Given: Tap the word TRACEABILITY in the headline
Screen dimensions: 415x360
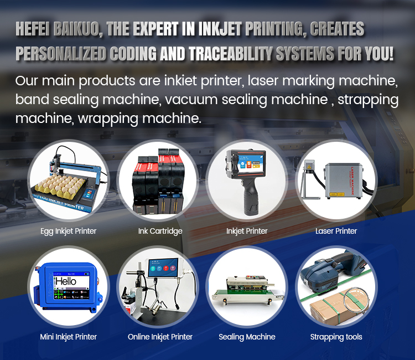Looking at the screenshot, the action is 231,54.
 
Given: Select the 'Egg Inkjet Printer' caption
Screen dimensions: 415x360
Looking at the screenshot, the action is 68,232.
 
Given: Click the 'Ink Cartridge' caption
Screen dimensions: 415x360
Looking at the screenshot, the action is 160,232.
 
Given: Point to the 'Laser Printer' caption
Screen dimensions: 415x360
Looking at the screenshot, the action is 336,231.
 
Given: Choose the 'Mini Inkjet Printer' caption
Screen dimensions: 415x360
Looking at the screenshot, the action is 68,337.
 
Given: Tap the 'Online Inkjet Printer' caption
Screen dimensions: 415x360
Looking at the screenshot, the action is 160,337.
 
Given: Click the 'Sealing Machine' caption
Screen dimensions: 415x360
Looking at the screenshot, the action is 247,337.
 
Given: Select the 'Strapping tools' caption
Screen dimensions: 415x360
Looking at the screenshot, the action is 336,337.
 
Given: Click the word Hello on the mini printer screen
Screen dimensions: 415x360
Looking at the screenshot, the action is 66,281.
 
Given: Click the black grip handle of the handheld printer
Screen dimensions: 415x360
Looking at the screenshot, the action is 251,196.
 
